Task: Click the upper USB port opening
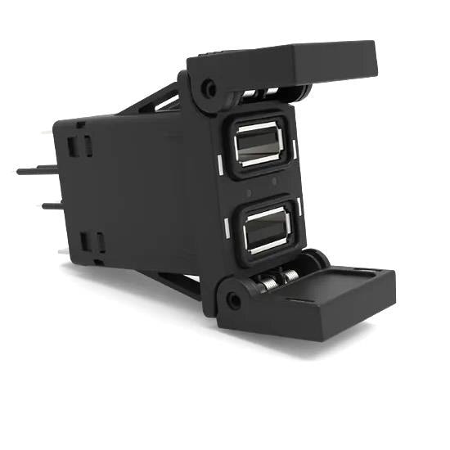[258, 146]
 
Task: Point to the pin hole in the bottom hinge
[234, 300]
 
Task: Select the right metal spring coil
[289, 276]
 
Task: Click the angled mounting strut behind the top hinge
[164, 101]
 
